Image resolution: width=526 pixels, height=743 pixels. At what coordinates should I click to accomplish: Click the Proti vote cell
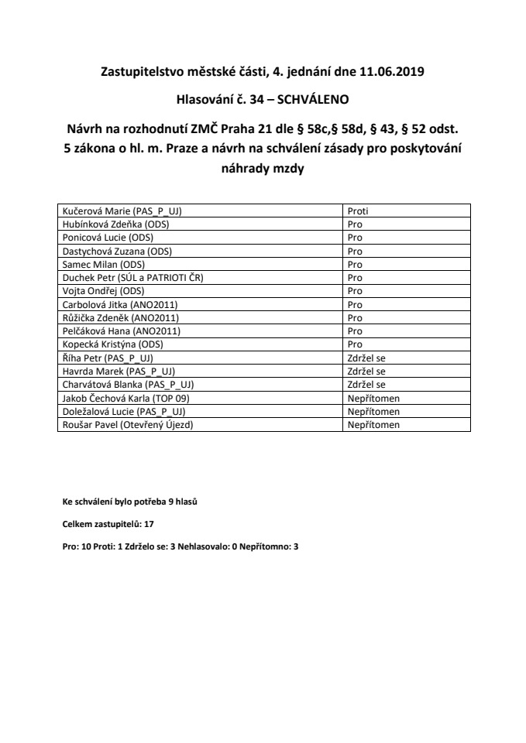(x=357, y=211)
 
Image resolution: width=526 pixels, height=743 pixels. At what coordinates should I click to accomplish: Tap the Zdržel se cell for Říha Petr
(x=366, y=358)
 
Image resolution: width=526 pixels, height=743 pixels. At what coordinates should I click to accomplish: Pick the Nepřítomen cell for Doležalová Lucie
(x=373, y=412)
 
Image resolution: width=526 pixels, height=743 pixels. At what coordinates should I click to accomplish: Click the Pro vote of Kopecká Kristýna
(x=355, y=344)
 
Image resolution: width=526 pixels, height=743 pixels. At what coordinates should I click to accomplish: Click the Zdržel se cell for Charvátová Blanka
(x=366, y=385)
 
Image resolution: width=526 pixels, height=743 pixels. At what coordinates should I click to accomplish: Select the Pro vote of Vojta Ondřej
(x=355, y=291)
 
